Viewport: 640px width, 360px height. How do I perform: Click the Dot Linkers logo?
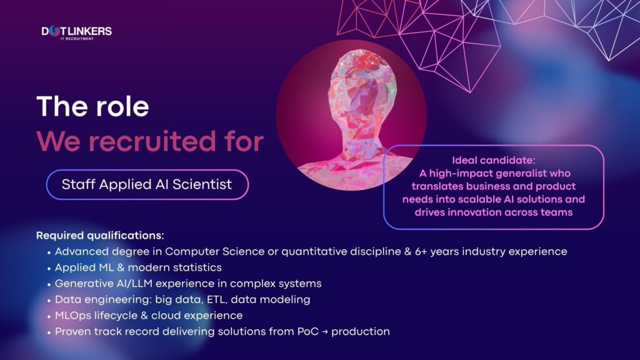click(x=76, y=31)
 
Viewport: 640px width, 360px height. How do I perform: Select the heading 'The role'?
click(x=92, y=106)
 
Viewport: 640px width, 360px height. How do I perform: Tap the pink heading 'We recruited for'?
click(x=149, y=141)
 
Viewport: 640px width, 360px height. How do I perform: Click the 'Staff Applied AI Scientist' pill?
click(x=147, y=184)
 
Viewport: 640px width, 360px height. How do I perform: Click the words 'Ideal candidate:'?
click(x=494, y=160)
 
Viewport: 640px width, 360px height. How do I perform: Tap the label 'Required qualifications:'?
click(x=100, y=236)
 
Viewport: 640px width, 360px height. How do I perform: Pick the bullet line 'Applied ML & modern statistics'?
click(x=138, y=267)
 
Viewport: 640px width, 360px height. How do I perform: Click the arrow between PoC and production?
click(x=323, y=332)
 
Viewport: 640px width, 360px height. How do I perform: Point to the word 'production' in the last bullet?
click(x=361, y=332)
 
